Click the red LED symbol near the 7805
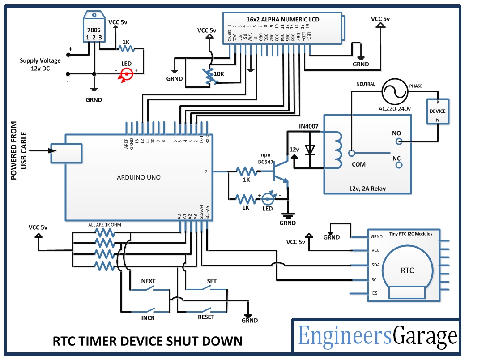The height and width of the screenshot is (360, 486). (127, 74)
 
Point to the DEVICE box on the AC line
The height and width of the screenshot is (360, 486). (437, 111)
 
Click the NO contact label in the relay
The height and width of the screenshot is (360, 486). (396, 133)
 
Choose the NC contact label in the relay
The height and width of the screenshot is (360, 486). (396, 158)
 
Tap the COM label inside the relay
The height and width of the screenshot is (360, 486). (358, 164)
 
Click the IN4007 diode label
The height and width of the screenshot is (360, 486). (309, 126)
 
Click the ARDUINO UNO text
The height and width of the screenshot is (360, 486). (138, 177)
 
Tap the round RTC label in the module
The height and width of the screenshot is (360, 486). (407, 270)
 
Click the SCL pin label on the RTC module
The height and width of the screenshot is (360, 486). (375, 279)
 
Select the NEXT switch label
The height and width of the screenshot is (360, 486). (148, 281)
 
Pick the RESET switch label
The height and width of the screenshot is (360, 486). (206, 317)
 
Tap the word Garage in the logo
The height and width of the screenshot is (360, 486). (425, 335)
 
